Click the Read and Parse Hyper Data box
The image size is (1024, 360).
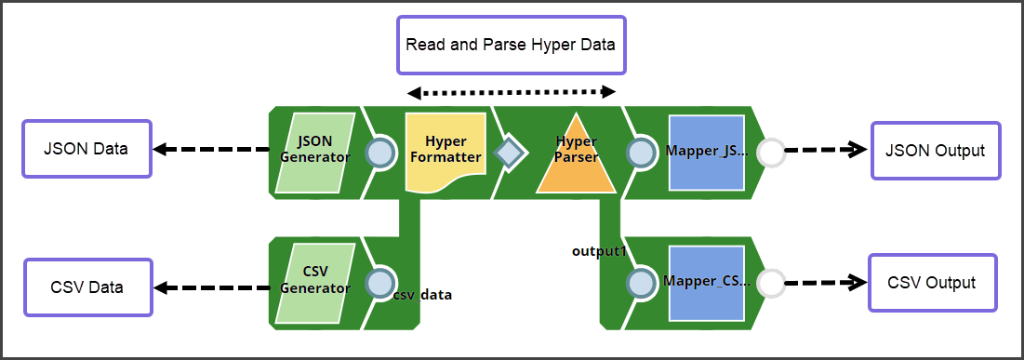(x=511, y=45)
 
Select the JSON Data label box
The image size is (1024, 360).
(x=86, y=149)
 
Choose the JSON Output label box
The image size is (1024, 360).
(x=936, y=151)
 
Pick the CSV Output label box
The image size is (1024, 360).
(x=932, y=283)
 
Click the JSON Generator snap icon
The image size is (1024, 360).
(x=315, y=153)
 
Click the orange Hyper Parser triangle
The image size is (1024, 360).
(x=576, y=154)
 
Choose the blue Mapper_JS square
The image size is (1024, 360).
(x=706, y=154)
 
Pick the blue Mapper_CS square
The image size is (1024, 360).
(x=706, y=284)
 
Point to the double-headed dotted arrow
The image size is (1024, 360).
(x=512, y=92)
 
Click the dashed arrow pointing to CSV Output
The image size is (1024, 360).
(x=824, y=283)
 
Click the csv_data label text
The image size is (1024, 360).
(x=422, y=295)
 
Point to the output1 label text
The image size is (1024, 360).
(x=598, y=251)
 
